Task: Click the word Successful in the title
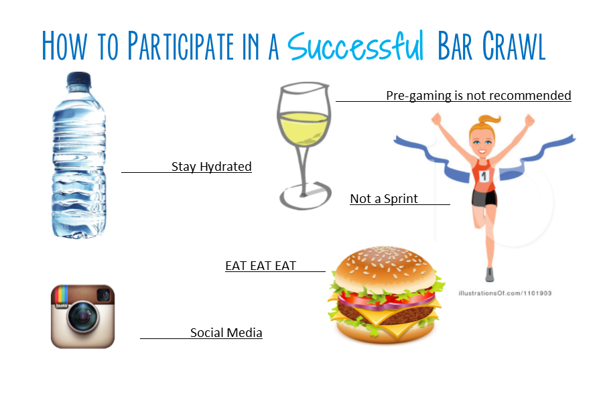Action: click(x=355, y=46)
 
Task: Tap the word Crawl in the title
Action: click(x=514, y=46)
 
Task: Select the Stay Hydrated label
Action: click(x=211, y=167)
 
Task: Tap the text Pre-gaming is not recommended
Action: click(x=478, y=95)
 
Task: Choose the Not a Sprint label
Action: click(x=384, y=198)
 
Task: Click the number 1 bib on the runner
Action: click(x=484, y=176)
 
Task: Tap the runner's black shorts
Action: click(x=484, y=198)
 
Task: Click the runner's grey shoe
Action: click(x=490, y=274)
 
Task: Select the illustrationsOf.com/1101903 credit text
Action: click(x=505, y=293)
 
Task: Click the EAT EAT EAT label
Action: click(x=261, y=266)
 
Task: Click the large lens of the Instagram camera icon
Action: click(x=82, y=318)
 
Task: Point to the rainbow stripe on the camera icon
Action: click(x=62, y=295)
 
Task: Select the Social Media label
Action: click(x=226, y=333)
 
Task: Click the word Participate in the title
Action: click(x=180, y=46)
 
